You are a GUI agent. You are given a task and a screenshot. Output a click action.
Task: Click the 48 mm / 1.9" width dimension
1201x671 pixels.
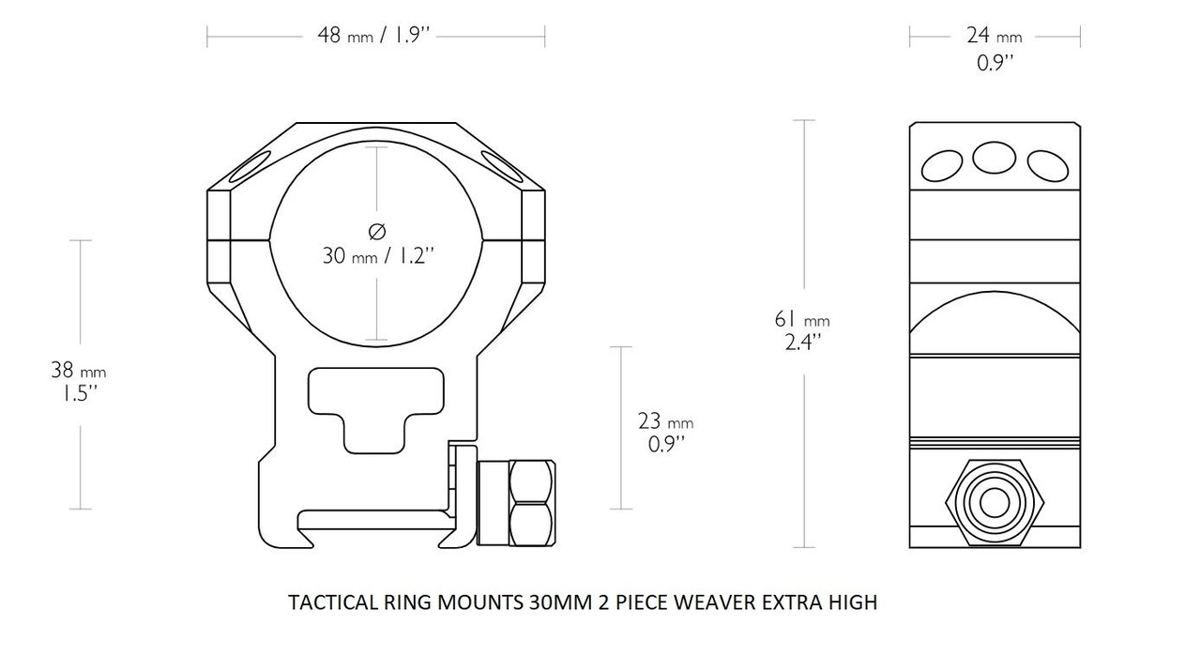tap(374, 37)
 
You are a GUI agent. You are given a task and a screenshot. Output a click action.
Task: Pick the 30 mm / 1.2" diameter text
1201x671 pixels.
tap(377, 255)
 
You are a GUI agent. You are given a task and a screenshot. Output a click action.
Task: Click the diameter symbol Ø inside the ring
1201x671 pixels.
tap(377, 230)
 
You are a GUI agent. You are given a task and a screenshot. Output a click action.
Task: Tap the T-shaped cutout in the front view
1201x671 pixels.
tap(375, 404)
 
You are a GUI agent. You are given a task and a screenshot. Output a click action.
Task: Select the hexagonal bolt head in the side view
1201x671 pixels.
tap(993, 505)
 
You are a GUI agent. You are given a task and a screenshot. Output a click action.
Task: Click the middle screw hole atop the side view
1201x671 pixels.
tap(994, 158)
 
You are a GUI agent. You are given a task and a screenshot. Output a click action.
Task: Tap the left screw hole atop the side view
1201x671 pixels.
tap(942, 166)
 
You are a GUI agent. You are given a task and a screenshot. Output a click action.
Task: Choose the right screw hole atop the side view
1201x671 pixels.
tap(1047, 166)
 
